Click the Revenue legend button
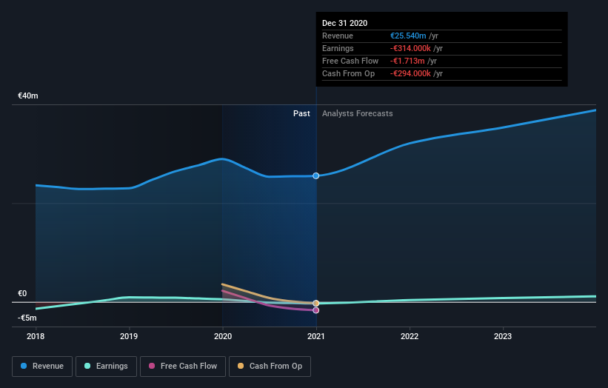coord(43,366)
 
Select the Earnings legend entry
coord(106,366)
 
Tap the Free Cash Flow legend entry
coord(181,366)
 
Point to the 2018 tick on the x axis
coord(36,335)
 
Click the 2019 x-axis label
coord(130,335)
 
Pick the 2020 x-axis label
coord(223,335)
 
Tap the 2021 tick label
coord(316,335)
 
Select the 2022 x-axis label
coord(410,335)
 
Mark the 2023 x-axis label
coord(503,335)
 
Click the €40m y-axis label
coord(28,96)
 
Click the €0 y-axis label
coord(23,294)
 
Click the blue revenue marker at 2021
coord(316,175)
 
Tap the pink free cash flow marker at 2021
coord(316,310)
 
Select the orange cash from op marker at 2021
coord(316,304)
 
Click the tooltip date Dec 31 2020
coord(344,24)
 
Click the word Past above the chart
coord(301,113)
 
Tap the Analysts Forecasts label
coord(358,113)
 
